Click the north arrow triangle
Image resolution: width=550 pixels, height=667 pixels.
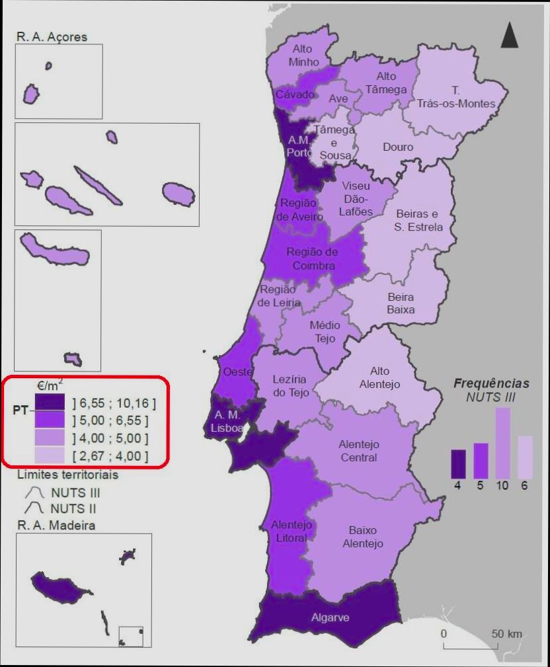pos(509,36)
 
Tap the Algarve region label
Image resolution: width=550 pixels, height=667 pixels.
pos(330,618)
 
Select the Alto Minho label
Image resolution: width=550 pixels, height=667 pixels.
pos(303,56)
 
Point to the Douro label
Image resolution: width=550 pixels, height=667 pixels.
pos(398,147)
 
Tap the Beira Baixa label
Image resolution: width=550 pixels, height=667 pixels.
pos(401,303)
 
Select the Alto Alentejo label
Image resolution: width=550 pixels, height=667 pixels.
pos(379,378)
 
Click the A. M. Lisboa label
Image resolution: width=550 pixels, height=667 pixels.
pos(225,421)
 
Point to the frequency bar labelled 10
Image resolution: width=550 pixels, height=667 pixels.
pos(502,442)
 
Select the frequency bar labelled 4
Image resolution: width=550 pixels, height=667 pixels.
pos(458,463)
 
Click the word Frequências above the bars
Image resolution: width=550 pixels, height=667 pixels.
pos(491,383)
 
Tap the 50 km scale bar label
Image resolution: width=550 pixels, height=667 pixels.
pos(506,634)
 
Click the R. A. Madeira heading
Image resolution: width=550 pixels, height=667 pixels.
pos(56,526)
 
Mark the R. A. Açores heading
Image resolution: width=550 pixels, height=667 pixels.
pos(52,37)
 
